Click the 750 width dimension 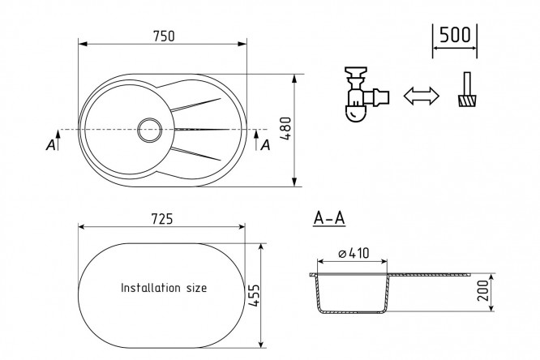[x=162, y=35]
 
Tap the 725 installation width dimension [x=161, y=219]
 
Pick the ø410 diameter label [x=354, y=253]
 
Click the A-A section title [x=329, y=218]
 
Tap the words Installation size [x=164, y=288]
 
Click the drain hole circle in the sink [x=150, y=129]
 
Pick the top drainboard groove [x=195, y=105]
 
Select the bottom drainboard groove [x=195, y=152]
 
